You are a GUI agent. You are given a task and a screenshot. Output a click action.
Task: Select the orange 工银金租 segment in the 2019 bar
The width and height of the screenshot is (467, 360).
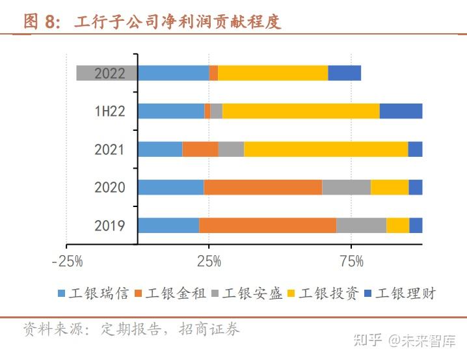[x=267, y=225]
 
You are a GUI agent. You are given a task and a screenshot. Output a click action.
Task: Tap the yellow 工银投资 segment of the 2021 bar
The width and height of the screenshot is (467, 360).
[x=325, y=149]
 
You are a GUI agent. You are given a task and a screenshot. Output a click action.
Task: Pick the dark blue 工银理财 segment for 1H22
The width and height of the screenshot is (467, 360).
[x=401, y=111]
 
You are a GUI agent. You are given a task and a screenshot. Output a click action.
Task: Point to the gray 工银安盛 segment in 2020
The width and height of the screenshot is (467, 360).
[x=346, y=187]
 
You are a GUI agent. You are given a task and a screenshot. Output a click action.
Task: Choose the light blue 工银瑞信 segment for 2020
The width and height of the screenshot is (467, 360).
[x=170, y=187]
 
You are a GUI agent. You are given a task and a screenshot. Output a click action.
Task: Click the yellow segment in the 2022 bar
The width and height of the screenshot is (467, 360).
[x=273, y=73]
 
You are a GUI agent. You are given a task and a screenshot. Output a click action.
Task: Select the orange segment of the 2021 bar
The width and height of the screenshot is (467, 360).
[x=200, y=149]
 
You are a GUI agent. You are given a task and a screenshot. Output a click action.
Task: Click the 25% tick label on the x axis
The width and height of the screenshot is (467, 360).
[x=208, y=262]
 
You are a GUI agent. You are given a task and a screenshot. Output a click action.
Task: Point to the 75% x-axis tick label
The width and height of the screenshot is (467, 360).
[x=351, y=262]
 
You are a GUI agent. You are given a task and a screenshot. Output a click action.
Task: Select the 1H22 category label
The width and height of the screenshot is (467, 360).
[x=109, y=111]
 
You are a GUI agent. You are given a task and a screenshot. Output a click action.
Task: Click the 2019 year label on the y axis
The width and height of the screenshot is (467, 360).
[x=109, y=226]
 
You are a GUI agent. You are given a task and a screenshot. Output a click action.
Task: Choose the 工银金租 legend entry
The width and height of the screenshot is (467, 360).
[x=170, y=294]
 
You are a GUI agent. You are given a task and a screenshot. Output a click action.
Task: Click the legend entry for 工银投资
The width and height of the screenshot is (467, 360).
[x=323, y=294]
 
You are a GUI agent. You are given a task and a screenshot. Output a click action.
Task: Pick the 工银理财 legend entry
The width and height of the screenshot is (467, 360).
[x=399, y=294]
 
